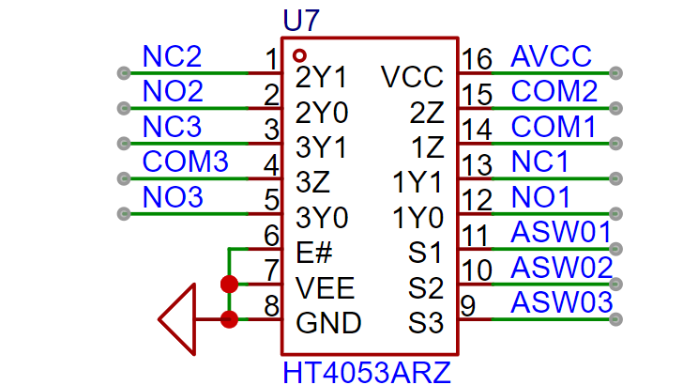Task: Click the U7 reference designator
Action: pyautogui.click(x=302, y=20)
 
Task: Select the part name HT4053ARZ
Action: pyautogui.click(x=367, y=372)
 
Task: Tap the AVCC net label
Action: pyautogui.click(x=552, y=57)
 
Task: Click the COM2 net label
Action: pyautogui.click(x=554, y=92)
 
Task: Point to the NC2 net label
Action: pyautogui.click(x=172, y=57)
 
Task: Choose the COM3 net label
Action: pyautogui.click(x=185, y=162)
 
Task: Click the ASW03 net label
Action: pyautogui.click(x=561, y=303)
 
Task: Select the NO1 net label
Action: pyautogui.click(x=540, y=197)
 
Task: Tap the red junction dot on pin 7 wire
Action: pyautogui.click(x=229, y=284)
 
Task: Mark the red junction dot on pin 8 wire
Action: pyautogui.click(x=229, y=319)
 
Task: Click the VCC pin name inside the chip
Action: pyautogui.click(x=412, y=77)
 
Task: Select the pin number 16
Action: pyautogui.click(x=477, y=60)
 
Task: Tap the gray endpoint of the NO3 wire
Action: pyautogui.click(x=122, y=213)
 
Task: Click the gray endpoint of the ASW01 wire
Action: pyautogui.click(x=615, y=249)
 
